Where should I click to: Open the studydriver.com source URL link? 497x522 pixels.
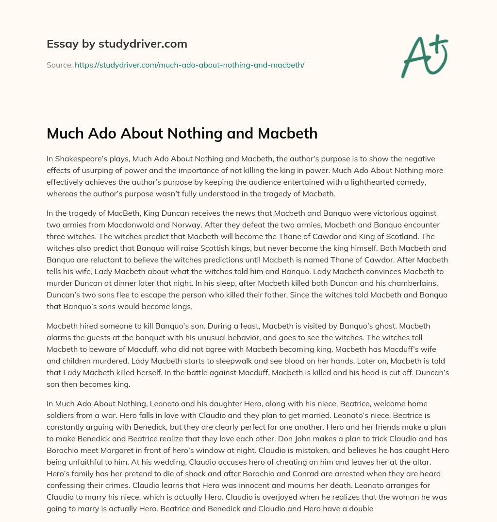coord(189,65)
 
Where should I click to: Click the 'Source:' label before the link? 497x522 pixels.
coord(59,65)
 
